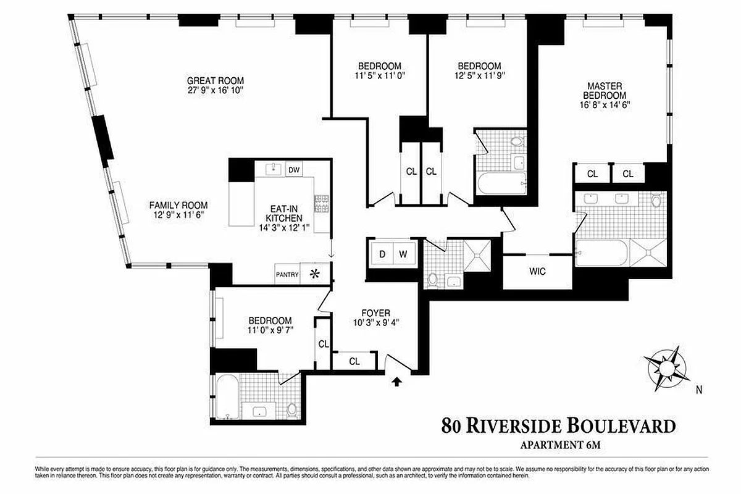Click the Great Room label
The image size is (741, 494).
click(x=216, y=80)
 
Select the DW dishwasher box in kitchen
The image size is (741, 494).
click(x=294, y=170)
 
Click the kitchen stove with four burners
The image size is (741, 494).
click(x=321, y=203)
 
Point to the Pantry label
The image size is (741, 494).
click(x=288, y=275)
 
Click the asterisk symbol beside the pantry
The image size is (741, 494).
click(x=316, y=274)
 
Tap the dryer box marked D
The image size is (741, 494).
click(x=382, y=254)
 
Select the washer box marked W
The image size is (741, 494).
click(x=403, y=254)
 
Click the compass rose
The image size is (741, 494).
click(x=666, y=367)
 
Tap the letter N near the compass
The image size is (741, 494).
click(x=699, y=390)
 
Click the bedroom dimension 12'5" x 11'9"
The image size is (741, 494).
click(x=479, y=76)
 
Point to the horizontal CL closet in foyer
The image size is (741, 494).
click(x=354, y=361)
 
